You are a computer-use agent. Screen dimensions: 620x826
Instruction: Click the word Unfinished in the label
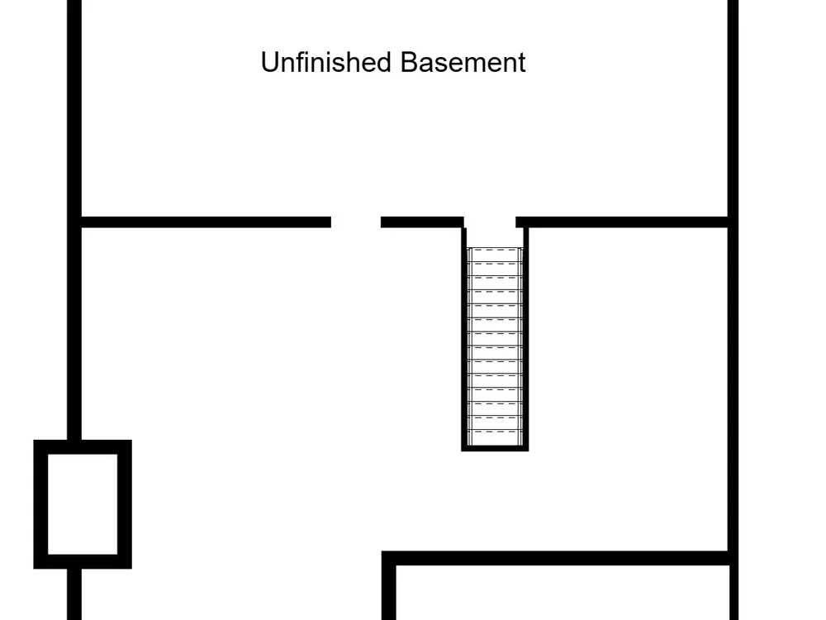click(x=327, y=63)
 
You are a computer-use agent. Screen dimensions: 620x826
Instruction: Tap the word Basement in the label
click(x=463, y=63)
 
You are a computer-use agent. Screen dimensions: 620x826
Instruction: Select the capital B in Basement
click(x=407, y=63)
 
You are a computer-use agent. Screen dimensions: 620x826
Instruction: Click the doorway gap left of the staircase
click(x=356, y=222)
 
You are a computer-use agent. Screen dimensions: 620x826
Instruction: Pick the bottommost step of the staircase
click(x=495, y=436)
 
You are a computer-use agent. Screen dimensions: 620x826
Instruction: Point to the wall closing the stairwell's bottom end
click(x=495, y=447)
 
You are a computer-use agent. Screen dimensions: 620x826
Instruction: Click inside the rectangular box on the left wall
click(x=83, y=504)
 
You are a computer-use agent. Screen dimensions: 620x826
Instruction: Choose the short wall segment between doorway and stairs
click(x=421, y=222)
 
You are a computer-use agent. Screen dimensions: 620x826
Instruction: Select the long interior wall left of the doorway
click(x=206, y=222)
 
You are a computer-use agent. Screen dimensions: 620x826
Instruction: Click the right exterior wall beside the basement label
click(x=733, y=107)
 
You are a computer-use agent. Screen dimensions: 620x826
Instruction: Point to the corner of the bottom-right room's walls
click(x=389, y=559)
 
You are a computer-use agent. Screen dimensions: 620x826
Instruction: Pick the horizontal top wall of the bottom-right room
click(x=562, y=559)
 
